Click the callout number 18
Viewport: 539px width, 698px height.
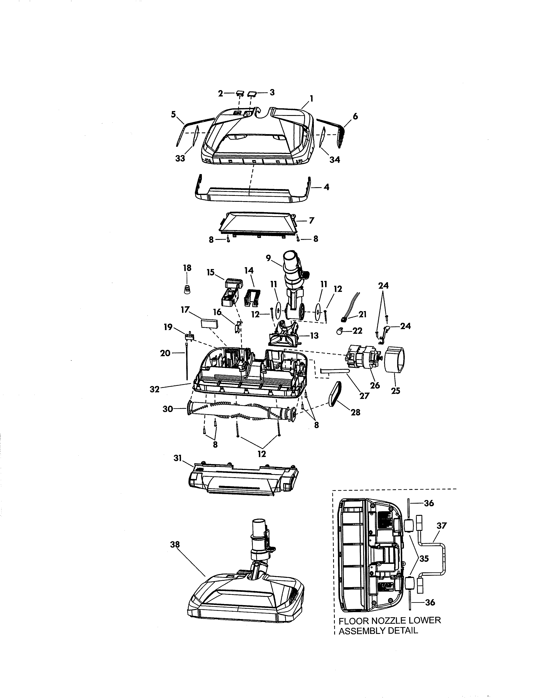point(187,268)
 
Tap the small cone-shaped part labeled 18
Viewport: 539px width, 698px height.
point(187,290)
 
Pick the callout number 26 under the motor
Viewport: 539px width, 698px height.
point(375,385)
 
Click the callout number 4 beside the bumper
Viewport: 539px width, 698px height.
point(326,187)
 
